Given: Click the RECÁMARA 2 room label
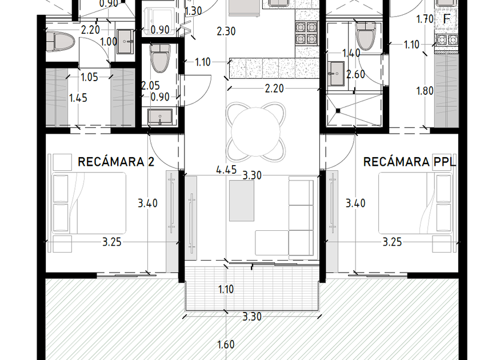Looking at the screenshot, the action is pos(116,162).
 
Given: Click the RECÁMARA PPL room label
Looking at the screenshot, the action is pos(410,162).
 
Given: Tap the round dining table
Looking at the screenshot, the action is pos(255,132).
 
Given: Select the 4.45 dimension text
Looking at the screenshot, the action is pos(226,170).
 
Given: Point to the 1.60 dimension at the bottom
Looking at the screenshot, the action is pos(226,345).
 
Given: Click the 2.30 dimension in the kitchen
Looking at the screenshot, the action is pos(226,31).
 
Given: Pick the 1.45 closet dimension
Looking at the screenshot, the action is pos(78,98).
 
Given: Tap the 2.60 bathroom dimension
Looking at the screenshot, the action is pos(355,74).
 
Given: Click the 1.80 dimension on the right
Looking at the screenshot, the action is pos(425,91).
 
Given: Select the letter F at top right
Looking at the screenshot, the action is pos(447,19).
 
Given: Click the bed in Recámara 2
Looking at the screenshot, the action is pos(89,203).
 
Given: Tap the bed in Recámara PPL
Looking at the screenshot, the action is pos(415,203).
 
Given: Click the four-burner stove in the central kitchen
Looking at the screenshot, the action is pos(306,33).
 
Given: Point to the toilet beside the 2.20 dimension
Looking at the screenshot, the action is pos(61,41).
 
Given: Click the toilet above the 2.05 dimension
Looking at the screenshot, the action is pos(160,58).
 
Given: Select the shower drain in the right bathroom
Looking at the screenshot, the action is pos(338,111).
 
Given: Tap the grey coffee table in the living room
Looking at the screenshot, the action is pos(242,201).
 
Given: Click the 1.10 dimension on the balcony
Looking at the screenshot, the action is pos(226,289).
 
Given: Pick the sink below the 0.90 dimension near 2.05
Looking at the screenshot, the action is pos(160,117).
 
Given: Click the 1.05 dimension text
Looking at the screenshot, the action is pos(89,77).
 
